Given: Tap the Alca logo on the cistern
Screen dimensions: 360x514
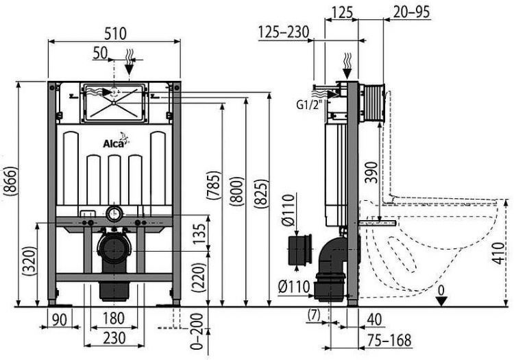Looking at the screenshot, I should [114, 143].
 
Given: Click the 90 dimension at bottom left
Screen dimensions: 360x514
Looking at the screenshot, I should [60, 318].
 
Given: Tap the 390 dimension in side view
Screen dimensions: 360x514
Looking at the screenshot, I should [371, 173].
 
